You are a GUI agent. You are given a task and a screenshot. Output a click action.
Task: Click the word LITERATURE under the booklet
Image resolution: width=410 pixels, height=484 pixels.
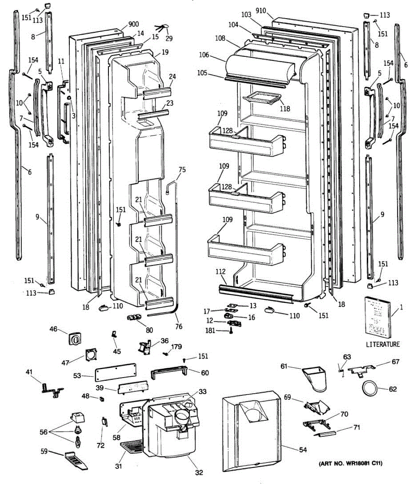383,344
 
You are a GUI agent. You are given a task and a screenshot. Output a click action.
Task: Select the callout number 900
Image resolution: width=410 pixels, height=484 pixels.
133,25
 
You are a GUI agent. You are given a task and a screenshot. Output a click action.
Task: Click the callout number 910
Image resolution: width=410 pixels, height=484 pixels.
261,10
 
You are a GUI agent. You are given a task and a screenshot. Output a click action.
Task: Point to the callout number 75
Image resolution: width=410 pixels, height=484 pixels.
182,170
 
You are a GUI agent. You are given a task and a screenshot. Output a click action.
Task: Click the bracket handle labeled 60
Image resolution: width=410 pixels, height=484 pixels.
170,373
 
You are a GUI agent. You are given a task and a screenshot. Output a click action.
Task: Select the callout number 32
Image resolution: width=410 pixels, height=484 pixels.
199,472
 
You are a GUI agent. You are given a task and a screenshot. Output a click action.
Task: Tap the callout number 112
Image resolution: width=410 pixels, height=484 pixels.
221,272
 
